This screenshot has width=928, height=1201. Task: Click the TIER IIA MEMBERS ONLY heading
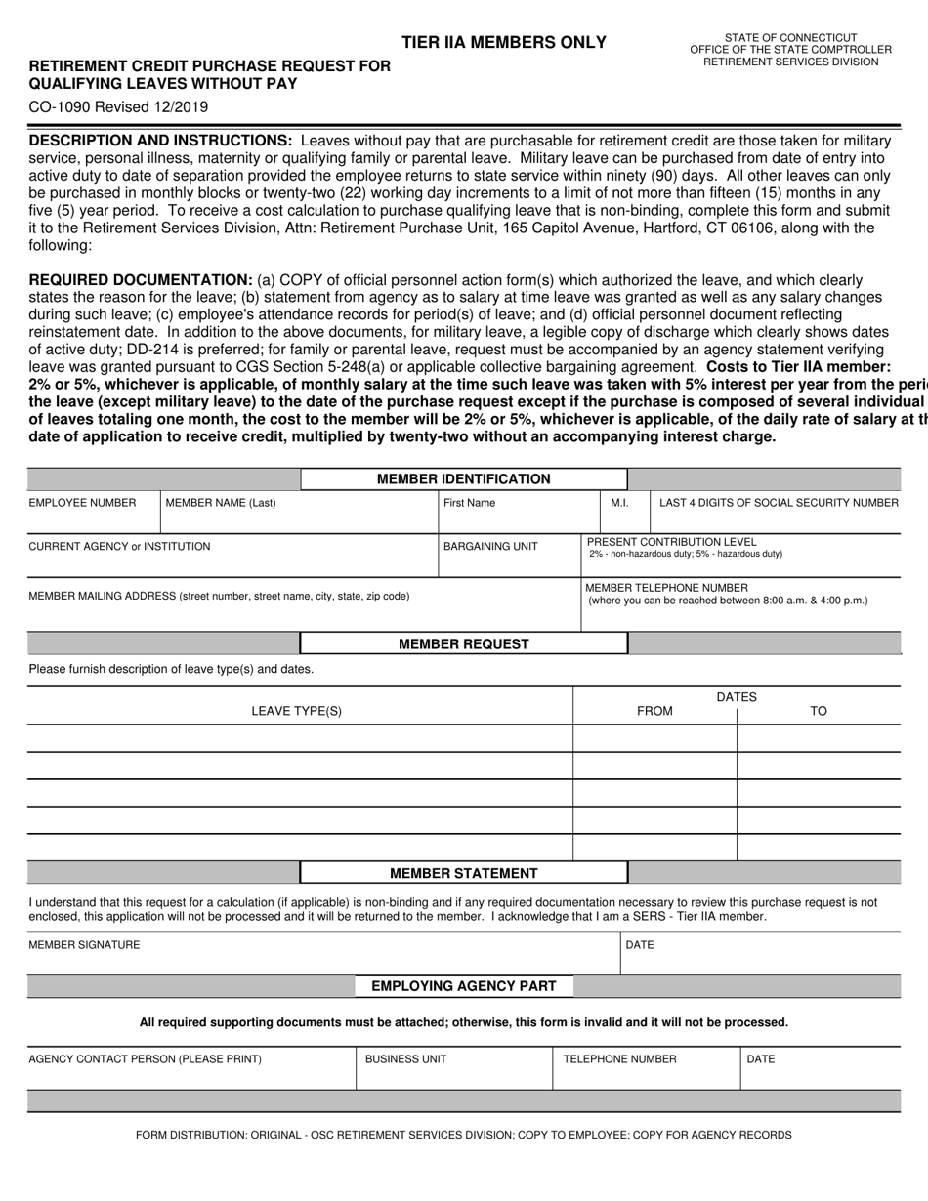[503, 42]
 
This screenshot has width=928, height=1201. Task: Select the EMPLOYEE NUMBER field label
[82, 503]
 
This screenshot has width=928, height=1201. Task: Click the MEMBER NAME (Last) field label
[221, 503]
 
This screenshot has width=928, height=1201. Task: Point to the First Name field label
[469, 503]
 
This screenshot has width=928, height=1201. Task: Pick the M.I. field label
[619, 503]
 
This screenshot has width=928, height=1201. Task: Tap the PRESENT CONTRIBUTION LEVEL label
[671, 542]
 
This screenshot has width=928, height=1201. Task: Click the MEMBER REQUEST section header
[463, 644]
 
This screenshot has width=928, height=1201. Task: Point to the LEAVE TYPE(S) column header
[297, 711]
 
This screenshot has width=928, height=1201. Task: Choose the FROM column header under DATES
[654, 711]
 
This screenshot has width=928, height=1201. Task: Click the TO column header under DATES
[819, 711]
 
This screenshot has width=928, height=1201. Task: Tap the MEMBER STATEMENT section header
[463, 873]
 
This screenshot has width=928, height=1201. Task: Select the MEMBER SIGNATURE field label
[84, 945]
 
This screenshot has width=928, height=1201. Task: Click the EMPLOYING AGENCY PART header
[463, 986]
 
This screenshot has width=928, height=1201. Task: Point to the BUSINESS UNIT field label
[405, 1059]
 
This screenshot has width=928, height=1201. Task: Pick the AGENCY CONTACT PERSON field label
[145, 1059]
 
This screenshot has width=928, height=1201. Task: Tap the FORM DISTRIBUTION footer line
[464, 1135]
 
